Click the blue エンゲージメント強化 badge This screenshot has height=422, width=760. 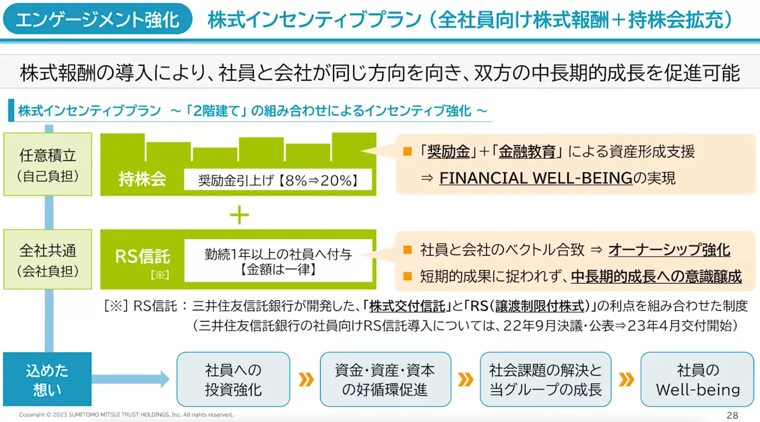coord(97,20)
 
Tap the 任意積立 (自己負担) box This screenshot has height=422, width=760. coord(47,164)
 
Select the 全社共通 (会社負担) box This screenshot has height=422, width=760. coord(47,260)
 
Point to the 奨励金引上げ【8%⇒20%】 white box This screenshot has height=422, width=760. coord(278,180)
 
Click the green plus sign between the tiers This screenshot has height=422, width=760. coord(239,215)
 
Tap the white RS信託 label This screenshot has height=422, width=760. coord(142,257)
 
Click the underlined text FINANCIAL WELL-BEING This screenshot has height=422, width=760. coord(536,178)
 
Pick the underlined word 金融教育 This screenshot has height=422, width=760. coord(527,152)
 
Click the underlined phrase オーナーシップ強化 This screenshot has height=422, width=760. coord(669,250)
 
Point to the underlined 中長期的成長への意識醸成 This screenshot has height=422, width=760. coord(656,276)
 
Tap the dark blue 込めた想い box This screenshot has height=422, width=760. coord(47,379)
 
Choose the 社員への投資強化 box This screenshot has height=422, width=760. coord(233,379)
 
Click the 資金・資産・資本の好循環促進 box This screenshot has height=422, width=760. coord(385,379)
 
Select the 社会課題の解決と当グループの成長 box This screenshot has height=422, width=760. coord(545,379)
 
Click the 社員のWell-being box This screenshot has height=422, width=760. coord(697,379)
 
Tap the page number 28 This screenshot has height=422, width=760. coord(732,415)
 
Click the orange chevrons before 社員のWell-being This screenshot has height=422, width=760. coord(626,380)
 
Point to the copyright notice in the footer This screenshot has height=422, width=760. coord(126,415)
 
